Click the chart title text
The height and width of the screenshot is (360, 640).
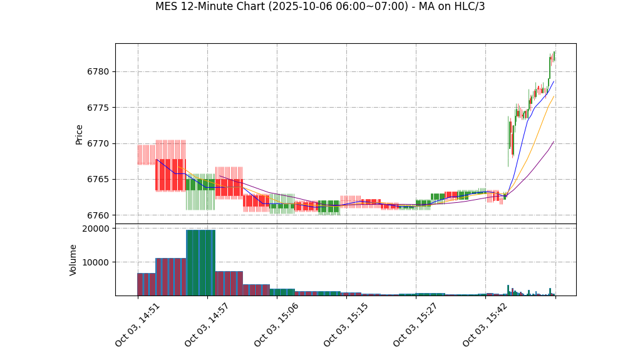point(320,7)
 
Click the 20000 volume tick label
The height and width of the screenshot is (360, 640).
point(96,229)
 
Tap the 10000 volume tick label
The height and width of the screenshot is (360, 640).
point(96,262)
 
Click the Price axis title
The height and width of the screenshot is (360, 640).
point(80,134)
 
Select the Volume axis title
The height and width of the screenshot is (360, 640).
point(73,260)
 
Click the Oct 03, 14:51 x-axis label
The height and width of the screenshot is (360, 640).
point(138,325)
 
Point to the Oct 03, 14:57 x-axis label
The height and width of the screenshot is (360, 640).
point(207,325)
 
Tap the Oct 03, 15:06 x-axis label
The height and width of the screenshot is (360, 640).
point(277,325)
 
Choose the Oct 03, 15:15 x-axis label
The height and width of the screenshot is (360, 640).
point(346,325)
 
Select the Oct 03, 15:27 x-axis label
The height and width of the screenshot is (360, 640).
point(416,325)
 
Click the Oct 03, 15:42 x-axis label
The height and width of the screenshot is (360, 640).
point(485,325)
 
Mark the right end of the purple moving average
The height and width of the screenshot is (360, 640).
point(554,141)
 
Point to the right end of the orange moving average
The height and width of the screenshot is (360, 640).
point(554,96)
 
